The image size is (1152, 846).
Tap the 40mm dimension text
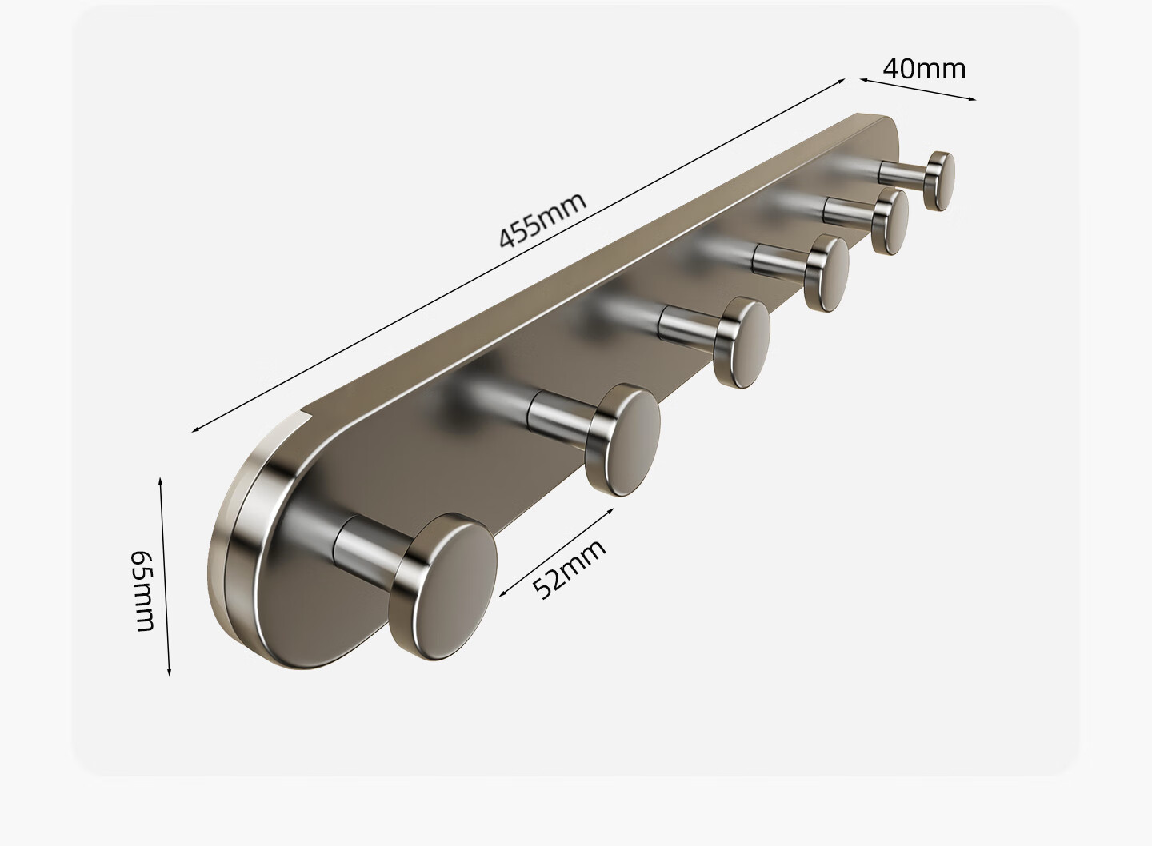[x=924, y=69]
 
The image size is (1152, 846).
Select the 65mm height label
[x=142, y=591]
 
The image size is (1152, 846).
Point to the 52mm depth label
[x=568, y=569]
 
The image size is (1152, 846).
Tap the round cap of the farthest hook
[x=940, y=181]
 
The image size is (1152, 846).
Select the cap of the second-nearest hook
[x=624, y=440]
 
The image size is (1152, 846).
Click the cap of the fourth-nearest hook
[x=826, y=273]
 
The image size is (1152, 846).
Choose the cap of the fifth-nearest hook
[x=890, y=221]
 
